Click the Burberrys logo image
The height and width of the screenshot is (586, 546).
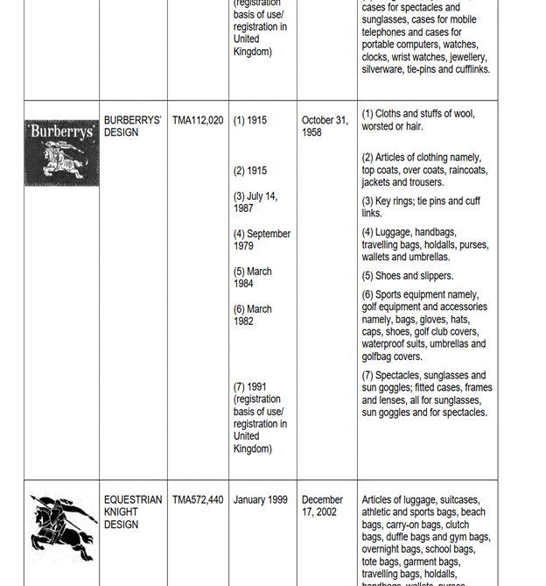coord(61,152)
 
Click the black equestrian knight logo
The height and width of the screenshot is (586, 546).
coord(62,527)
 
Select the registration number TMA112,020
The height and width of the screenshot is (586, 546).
coord(198,120)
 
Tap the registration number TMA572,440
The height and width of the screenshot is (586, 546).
coord(198,500)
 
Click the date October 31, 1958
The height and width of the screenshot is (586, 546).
coord(325,126)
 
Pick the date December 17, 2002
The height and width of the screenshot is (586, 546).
coord(322,506)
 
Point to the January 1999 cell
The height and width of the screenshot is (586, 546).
coord(261,500)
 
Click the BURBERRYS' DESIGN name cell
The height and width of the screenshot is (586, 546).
coord(133,126)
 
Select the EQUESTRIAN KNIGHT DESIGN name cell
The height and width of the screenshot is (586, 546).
coord(133,512)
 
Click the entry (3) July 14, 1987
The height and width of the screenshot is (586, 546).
coord(255,202)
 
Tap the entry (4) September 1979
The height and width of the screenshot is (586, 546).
coord(262,240)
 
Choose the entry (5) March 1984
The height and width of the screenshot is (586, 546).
coord(253,278)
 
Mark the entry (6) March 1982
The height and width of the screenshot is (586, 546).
coord(253,315)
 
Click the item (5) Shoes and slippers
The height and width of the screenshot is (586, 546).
coord(408,276)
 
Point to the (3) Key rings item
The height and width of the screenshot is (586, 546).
coord(421,207)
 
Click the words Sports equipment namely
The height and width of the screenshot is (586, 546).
coord(427,295)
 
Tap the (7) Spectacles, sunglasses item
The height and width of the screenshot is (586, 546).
coord(423,376)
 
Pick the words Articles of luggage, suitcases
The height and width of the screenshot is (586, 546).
coord(421,500)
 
